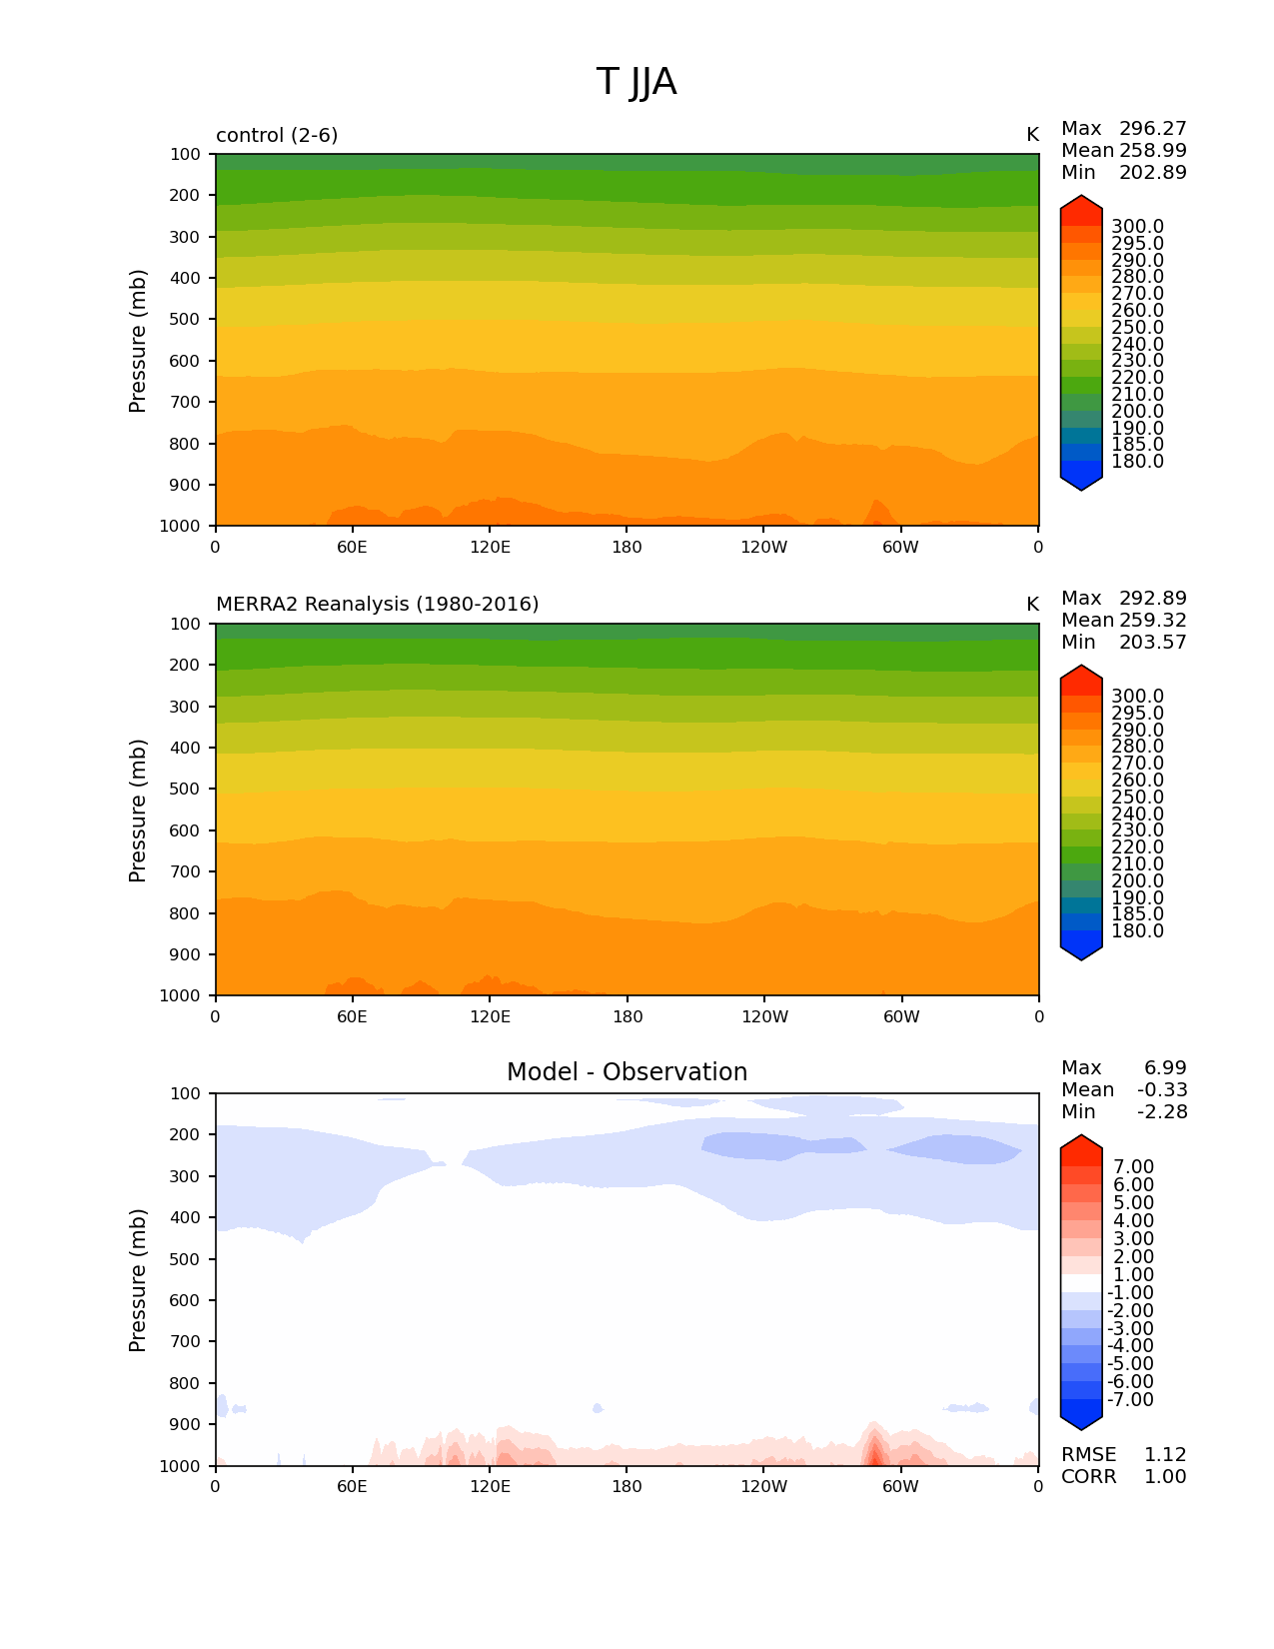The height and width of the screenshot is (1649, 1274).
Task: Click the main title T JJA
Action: click(637, 82)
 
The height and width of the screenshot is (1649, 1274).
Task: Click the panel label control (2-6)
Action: click(277, 135)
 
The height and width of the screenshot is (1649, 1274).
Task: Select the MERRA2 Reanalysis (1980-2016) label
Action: click(377, 605)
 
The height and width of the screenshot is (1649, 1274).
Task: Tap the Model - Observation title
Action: click(627, 1072)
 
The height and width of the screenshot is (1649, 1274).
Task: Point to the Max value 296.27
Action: click(1152, 129)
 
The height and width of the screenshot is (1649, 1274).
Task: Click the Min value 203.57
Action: click(1152, 643)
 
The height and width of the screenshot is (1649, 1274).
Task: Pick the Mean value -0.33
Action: click(1161, 1090)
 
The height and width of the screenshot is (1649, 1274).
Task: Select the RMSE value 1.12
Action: click(1164, 1455)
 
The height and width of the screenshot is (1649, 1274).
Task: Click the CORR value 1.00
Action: click(1164, 1477)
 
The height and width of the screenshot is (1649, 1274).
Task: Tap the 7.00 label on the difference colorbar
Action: click(1133, 1167)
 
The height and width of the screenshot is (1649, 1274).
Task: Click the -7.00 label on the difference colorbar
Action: click(1130, 1400)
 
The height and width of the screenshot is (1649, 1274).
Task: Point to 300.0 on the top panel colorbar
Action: click(1137, 227)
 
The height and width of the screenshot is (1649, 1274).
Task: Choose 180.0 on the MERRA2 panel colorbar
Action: click(1137, 931)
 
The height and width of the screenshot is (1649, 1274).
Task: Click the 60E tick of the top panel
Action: click(352, 547)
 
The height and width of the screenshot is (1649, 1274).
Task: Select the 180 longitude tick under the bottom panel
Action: click(627, 1486)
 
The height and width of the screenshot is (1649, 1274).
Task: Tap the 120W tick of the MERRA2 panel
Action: click(764, 1016)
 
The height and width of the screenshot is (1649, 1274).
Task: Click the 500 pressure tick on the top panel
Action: click(186, 320)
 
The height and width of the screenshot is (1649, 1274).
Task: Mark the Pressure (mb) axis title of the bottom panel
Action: click(138, 1279)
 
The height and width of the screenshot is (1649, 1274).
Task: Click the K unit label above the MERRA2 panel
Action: click(1032, 605)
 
